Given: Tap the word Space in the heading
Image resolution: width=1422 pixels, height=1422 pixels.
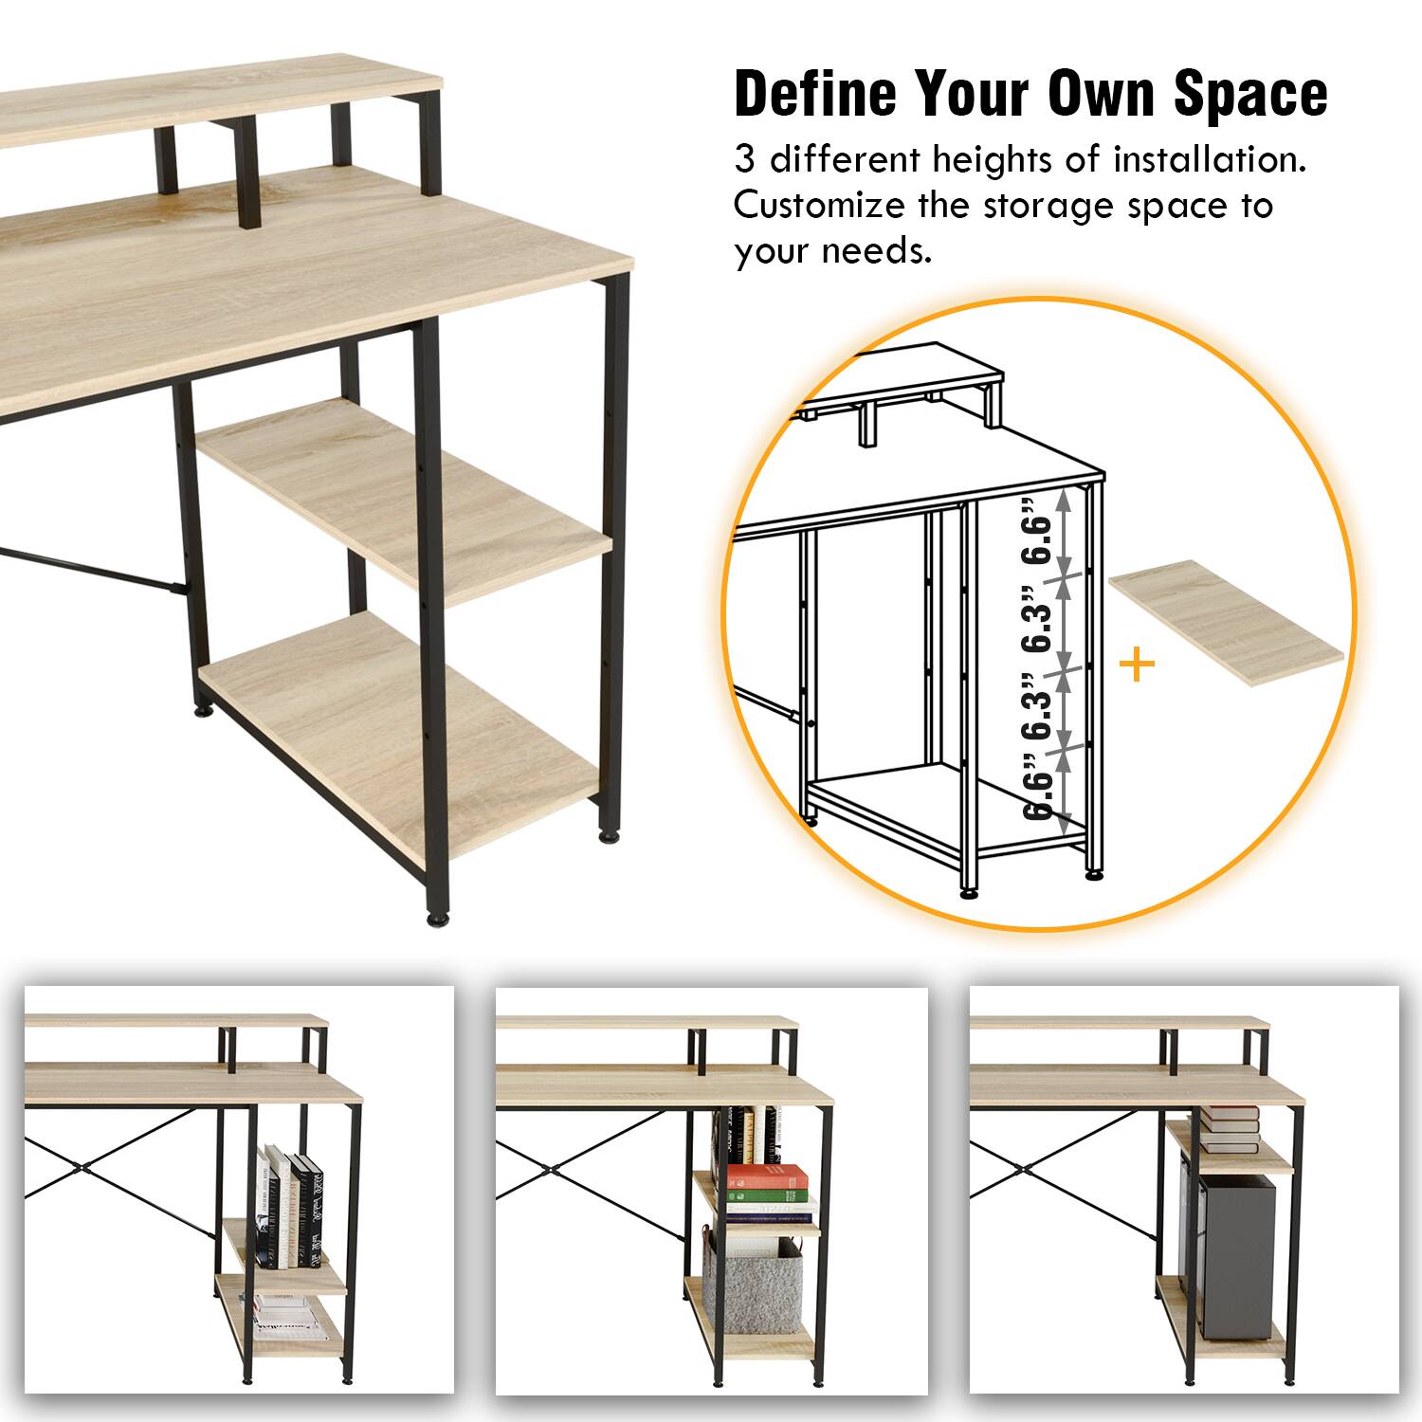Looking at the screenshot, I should point(1250,94).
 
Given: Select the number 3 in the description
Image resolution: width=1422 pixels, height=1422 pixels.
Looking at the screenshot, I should point(745,160).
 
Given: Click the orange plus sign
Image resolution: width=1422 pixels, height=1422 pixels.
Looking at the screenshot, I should point(1137,665).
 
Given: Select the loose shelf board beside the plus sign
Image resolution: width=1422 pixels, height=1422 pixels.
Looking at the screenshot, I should point(1227,621).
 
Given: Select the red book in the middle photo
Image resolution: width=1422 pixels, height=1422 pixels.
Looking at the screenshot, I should point(767,1178).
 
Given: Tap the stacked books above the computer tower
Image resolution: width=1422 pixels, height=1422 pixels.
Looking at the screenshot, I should point(1229,1129).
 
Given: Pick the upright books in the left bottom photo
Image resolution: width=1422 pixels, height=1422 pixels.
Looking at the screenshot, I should point(290,1209).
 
